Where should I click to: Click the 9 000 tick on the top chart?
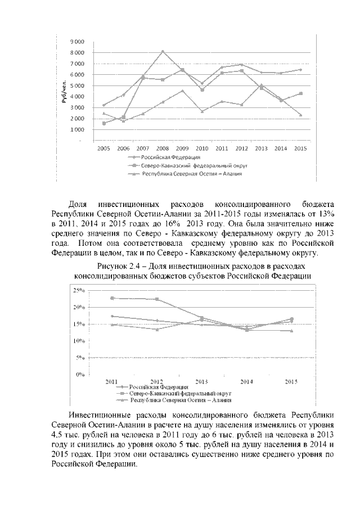pos(77,42)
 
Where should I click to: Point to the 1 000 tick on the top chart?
pos(77,129)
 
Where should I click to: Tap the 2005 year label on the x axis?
pos(103,148)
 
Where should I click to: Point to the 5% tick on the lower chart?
pos(80,357)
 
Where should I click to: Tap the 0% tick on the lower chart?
pos(80,374)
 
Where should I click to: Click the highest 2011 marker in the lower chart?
pos(112,298)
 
